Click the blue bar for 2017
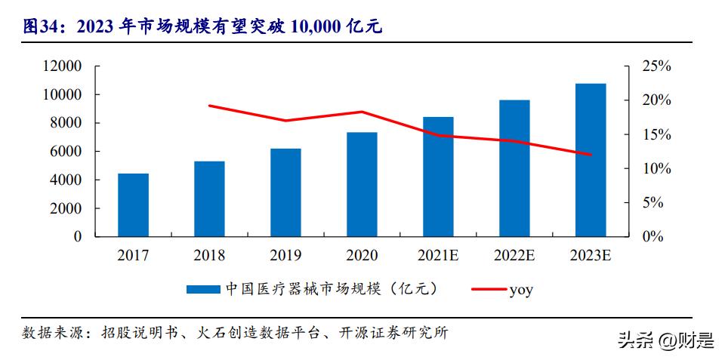pos(133,205)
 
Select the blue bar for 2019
pos(285,192)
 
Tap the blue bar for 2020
pos(362,184)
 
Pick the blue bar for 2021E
pos(438,177)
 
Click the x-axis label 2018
pos(209,256)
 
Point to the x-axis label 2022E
pos(514,256)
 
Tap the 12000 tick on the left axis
pos(62,66)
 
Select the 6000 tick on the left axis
pos(66,152)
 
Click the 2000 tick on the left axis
pos(66,208)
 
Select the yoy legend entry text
pos(521,289)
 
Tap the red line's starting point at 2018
pos(209,106)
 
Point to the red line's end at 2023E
pos(591,155)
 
